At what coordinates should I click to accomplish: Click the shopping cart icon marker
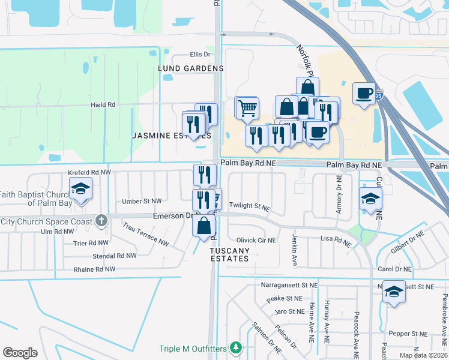(x=247, y=109)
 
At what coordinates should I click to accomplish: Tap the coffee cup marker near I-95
(x=364, y=94)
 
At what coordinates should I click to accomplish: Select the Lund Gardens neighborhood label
(x=190, y=68)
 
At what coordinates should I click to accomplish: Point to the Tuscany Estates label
(x=229, y=254)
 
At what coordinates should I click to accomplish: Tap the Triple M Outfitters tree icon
(x=236, y=347)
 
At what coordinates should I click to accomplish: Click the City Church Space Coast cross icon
(x=101, y=221)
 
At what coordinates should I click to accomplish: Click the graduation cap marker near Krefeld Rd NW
(x=80, y=189)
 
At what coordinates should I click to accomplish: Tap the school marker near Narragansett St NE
(x=394, y=292)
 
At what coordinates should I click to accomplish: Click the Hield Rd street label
(x=103, y=104)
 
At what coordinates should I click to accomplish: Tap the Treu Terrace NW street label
(x=146, y=234)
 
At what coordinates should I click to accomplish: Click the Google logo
(x=20, y=353)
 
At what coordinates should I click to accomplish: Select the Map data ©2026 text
(x=423, y=355)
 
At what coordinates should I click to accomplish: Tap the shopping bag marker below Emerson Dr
(x=204, y=226)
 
